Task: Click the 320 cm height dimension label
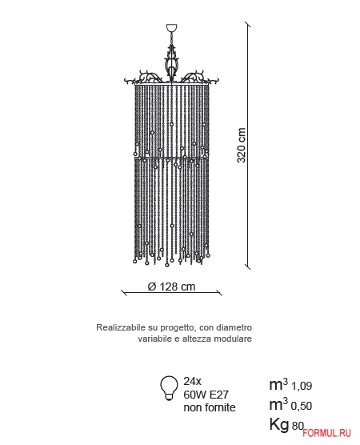coord(241,145)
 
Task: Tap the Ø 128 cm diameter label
coord(172,287)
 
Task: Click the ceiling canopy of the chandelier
coord(172,28)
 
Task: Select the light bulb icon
coord(169,388)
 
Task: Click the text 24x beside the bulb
coord(192,381)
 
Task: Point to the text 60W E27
coord(206,395)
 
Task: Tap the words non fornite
coord(210,407)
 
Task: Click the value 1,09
coord(302,386)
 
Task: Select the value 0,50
coord(302,406)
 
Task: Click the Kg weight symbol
coord(279,425)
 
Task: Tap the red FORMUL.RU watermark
coord(326,433)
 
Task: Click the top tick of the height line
coord(248,25)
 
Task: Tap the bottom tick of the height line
coord(248,267)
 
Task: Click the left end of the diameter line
coord(124,293)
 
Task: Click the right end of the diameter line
coord(219,293)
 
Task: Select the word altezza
coord(197,339)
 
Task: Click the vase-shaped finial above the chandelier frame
coord(171,64)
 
